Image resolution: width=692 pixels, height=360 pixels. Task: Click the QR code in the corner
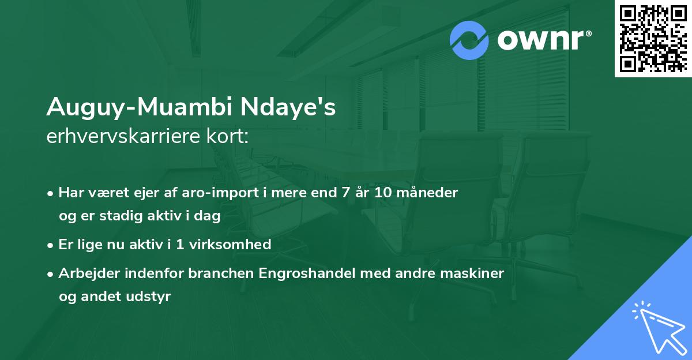[653, 39]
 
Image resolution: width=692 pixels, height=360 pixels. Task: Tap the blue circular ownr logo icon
[469, 40]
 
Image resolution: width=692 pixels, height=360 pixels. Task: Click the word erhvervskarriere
[123, 136]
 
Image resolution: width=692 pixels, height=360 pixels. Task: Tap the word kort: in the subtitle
[227, 136]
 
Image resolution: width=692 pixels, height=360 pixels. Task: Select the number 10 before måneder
[383, 193]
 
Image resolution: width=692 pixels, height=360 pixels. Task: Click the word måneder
[427, 192]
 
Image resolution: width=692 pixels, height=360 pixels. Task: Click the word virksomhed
[230, 245]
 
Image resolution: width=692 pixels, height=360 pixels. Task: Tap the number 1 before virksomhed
[180, 245]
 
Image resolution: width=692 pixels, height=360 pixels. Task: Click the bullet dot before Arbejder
[50, 274]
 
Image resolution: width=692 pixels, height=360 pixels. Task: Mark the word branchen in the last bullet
[221, 273]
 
